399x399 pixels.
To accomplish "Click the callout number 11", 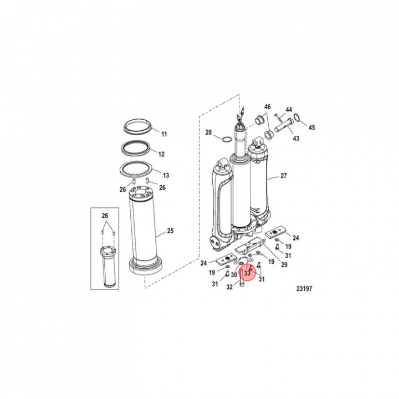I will pyautogui.click(x=163, y=134).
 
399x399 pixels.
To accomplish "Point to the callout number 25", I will pyautogui.click(x=171, y=231).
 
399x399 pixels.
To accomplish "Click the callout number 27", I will pyautogui.click(x=284, y=176).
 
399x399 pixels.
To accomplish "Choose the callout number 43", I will pyautogui.click(x=296, y=138).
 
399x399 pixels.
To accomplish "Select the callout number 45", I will pyautogui.click(x=311, y=127).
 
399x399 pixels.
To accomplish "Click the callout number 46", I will pyautogui.click(x=267, y=106).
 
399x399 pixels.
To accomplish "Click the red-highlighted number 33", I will pyautogui.click(x=247, y=273).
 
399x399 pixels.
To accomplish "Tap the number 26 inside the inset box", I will pyautogui.click(x=105, y=215).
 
